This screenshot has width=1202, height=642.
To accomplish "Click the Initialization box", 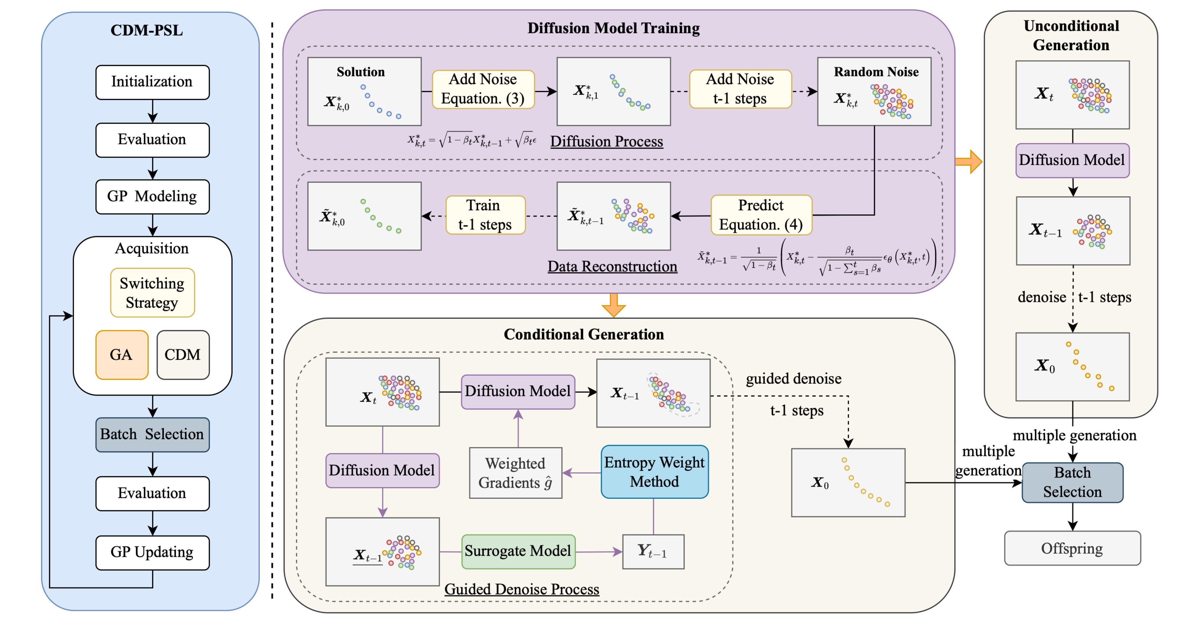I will pos(152,82).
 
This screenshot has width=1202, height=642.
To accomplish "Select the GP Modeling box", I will pos(152,196).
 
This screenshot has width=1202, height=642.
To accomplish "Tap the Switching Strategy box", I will pos(152,292).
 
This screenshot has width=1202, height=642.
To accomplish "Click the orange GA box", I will pos(122,355).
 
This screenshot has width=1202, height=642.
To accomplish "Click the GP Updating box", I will pos(152,552).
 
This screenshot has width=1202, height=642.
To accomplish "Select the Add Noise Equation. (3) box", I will pos(483,89).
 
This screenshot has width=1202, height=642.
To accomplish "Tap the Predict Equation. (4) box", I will pos(761,215).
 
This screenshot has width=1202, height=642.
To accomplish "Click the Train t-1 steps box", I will pos(485,215).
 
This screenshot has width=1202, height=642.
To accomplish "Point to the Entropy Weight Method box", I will pos(654,472).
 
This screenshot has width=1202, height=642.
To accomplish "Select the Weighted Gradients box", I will pos(515,473).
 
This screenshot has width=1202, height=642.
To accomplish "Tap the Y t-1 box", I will pos(653,552).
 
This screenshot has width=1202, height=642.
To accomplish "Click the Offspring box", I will pos(1072,548).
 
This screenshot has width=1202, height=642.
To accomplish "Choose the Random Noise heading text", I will pos(876,72).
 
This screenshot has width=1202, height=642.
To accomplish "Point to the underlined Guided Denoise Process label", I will pos(521,589).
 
